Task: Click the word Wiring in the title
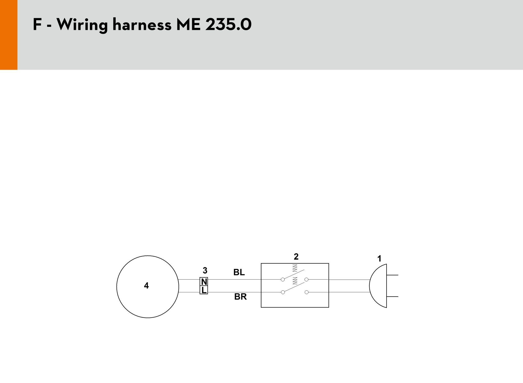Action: click(82, 25)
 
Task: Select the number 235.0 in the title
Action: click(228, 25)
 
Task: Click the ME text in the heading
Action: click(188, 25)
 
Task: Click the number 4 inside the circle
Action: click(146, 286)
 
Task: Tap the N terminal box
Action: click(204, 282)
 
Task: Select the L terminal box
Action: click(204, 290)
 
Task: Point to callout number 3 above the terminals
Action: click(205, 271)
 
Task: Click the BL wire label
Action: click(239, 272)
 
